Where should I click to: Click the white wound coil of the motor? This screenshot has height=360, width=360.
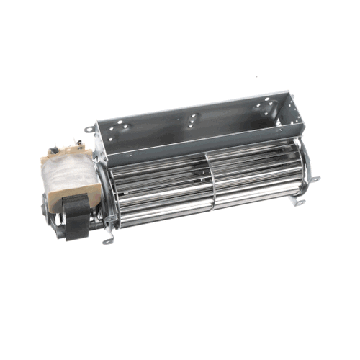tap(61, 180)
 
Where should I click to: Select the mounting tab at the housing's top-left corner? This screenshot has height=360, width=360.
tap(88, 130)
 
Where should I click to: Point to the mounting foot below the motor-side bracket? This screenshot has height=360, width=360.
tap(108, 240)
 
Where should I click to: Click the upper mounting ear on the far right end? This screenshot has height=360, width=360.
tap(315, 179)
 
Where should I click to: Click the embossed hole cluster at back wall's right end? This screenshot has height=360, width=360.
tap(264, 107)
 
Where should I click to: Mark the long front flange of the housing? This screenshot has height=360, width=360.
tap(194, 144)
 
